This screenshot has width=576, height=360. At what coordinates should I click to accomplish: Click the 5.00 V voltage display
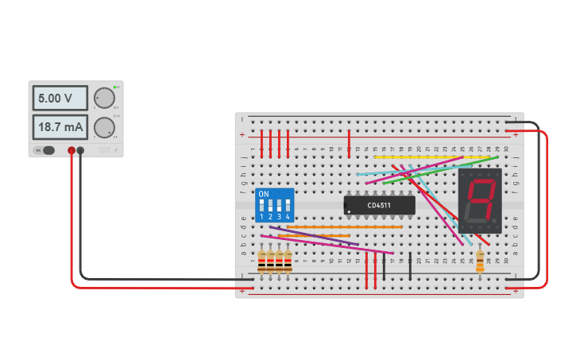(x=60, y=99)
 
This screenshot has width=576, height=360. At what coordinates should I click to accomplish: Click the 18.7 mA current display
(x=60, y=126)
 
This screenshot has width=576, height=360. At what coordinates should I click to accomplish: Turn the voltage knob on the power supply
(x=104, y=98)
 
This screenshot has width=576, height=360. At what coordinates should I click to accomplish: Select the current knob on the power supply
(x=104, y=127)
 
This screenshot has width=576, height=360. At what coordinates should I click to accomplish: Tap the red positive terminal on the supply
(x=72, y=150)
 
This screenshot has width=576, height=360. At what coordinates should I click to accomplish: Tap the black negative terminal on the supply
(x=80, y=150)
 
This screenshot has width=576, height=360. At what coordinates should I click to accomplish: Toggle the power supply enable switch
(x=48, y=150)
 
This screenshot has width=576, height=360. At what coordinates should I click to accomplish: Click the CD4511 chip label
(x=380, y=205)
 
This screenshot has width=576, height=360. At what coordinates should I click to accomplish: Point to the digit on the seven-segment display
(x=480, y=199)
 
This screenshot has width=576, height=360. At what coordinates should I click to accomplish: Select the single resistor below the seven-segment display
(x=480, y=261)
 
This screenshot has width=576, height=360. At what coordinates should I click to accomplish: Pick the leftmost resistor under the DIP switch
(x=261, y=261)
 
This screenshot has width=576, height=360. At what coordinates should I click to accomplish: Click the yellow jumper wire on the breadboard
(x=413, y=157)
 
